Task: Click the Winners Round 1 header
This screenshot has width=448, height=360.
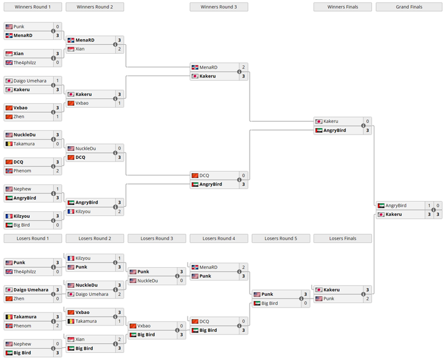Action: (x=33, y=7)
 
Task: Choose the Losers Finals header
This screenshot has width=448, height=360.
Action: (x=342, y=238)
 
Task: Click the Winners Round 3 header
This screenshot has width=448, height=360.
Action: (x=218, y=7)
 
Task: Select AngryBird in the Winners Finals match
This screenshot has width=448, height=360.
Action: (x=335, y=130)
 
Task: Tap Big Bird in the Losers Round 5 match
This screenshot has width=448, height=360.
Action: (x=269, y=303)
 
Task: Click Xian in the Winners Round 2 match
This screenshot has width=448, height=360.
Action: (x=80, y=49)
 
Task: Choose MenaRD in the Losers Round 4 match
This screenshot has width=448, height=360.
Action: (x=209, y=267)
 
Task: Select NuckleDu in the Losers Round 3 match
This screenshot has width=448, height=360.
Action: (x=147, y=281)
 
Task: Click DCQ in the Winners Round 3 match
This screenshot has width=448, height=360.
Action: (x=204, y=175)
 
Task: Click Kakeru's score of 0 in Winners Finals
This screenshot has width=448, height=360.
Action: (x=367, y=121)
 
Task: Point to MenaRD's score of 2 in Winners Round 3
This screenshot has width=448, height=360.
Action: (x=243, y=67)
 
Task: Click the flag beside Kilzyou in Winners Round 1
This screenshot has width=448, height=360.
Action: (x=9, y=216)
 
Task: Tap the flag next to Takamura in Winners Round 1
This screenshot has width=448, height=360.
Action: (x=9, y=144)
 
